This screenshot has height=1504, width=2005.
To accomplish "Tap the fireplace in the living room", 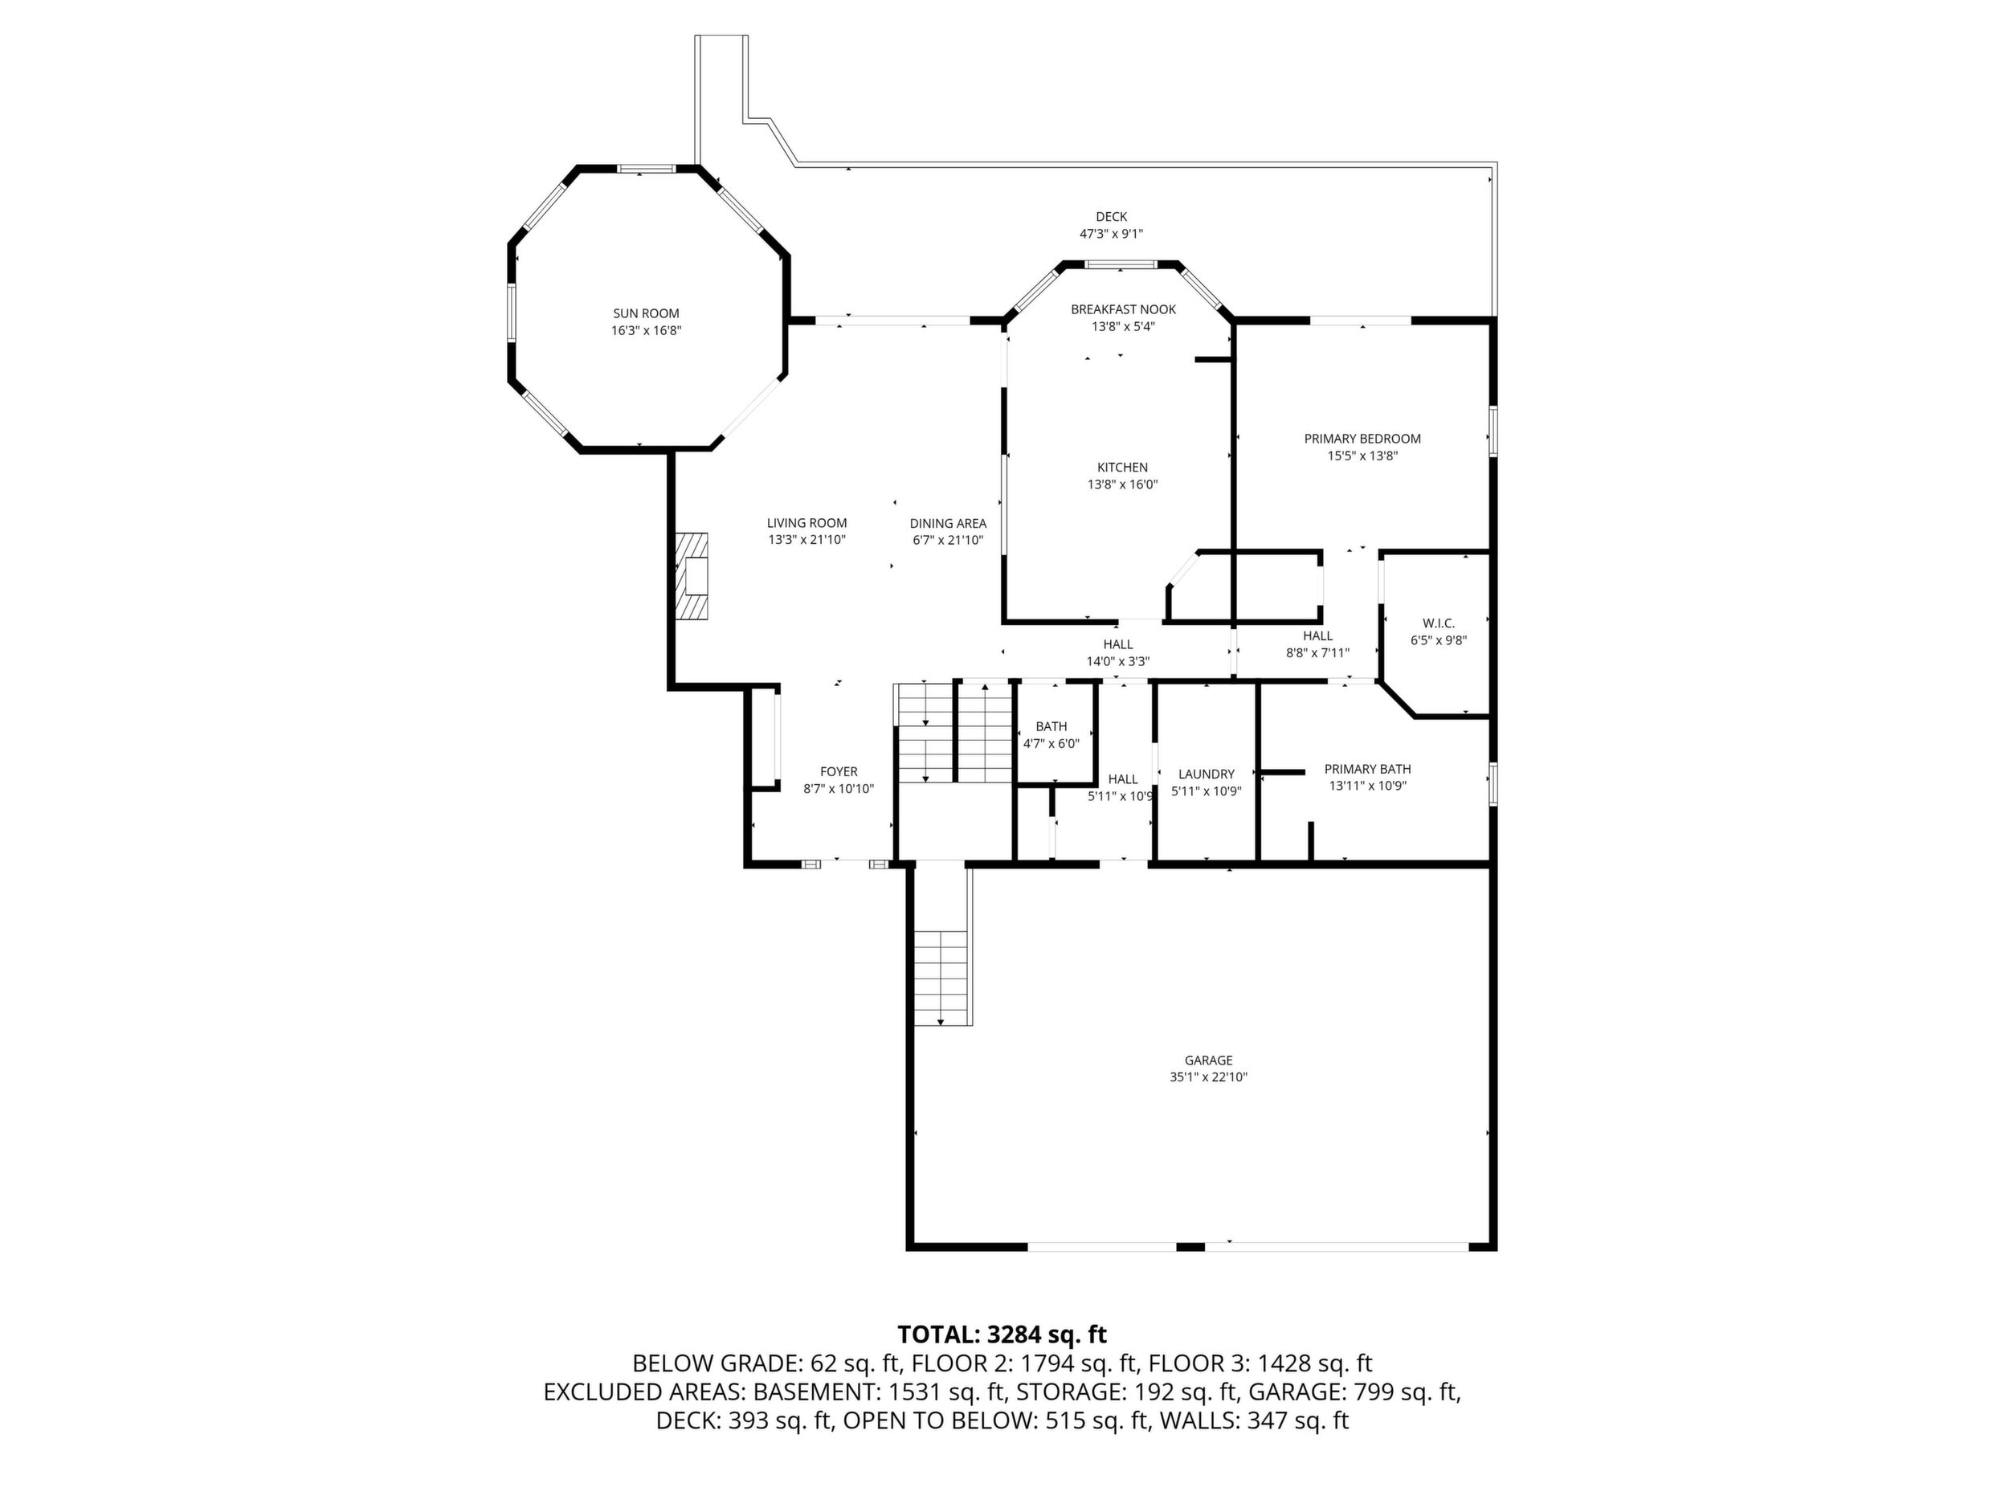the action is (x=691, y=576).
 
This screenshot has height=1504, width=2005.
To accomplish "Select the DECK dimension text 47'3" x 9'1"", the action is (x=1111, y=234).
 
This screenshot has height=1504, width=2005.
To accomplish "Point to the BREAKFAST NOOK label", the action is (x=1123, y=309).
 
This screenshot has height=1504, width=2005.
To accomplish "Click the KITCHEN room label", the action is (x=1123, y=467).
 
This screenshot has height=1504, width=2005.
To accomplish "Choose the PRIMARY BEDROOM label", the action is (x=1362, y=439).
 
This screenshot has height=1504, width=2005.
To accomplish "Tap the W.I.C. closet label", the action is (x=1439, y=623).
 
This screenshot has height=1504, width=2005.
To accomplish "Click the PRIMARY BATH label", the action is (x=1368, y=769).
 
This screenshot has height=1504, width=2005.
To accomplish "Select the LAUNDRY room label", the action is (x=1207, y=774).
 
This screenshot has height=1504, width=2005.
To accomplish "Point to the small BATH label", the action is (x=1052, y=726).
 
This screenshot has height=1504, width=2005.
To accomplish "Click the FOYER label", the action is (x=839, y=771).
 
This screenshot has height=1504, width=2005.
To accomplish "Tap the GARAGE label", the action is (x=1208, y=1060).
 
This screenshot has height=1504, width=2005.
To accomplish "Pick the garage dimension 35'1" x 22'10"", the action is (x=1208, y=1077).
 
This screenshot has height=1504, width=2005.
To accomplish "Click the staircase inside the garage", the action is (x=941, y=977).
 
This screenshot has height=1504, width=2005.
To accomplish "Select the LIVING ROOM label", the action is (x=806, y=522).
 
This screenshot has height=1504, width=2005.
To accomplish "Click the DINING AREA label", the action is (x=948, y=523).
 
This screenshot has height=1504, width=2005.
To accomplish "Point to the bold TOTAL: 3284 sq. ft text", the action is (x=1002, y=1334).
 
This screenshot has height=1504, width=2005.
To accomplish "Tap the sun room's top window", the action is (x=647, y=169).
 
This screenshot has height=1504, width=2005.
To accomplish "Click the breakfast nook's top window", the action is (x=1121, y=264).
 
